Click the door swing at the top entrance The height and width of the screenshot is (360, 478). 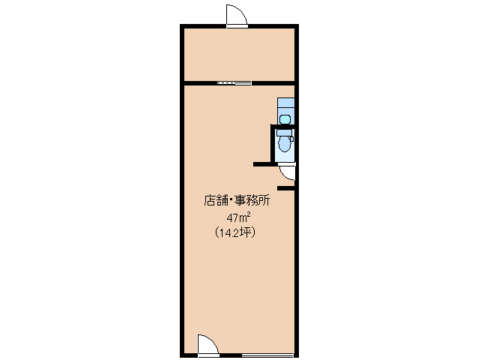(x=237, y=16)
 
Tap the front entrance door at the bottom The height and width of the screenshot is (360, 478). (x=208, y=346)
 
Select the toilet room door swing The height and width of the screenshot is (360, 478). (x=287, y=172)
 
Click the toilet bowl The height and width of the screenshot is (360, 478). (x=285, y=144)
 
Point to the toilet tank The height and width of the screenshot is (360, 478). (x=285, y=133)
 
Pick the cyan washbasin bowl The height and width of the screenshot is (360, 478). (x=285, y=119)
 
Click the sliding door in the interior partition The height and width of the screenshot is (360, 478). (x=235, y=83)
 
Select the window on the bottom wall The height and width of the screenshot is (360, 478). (x=267, y=355)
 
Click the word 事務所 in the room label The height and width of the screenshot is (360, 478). (x=252, y=200)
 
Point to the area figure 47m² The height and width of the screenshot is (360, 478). (x=238, y=217)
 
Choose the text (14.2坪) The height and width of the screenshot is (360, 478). (x=235, y=232)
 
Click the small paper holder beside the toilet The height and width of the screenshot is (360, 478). (x=291, y=139)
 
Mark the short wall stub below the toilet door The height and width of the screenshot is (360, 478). (x=286, y=188)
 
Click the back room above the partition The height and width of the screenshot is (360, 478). (x=239, y=55)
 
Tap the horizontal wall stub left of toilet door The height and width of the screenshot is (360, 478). (x=262, y=164)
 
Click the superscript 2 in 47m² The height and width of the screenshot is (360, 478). (x=249, y=214)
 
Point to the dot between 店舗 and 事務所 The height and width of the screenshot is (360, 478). (x=231, y=200)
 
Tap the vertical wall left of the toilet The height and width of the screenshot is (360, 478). (x=273, y=143)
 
